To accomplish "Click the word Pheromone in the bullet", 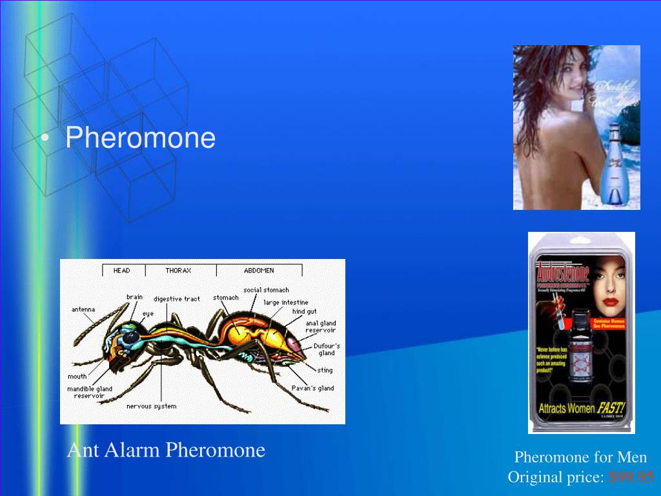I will pos(140,138).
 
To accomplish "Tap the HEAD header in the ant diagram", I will pos(121,271).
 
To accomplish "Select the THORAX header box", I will pos(178,271).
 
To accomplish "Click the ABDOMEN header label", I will pos(258,271).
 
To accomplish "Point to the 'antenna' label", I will pos(83,309).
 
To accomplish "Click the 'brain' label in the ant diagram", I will pos(134,297).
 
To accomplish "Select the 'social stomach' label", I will pos(266,290).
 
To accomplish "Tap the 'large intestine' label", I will pos(285,302).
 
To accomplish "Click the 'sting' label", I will pos(325,370).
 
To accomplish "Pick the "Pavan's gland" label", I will pos(312,388).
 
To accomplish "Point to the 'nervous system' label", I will pos(151,406).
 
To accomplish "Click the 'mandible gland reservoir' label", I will pos(89,393).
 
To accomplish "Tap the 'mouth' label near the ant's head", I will pos(77,377).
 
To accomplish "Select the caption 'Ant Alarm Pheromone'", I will pos(167,450).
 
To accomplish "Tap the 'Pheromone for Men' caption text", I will pos(580,457).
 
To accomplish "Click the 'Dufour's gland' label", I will pos(327,349).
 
